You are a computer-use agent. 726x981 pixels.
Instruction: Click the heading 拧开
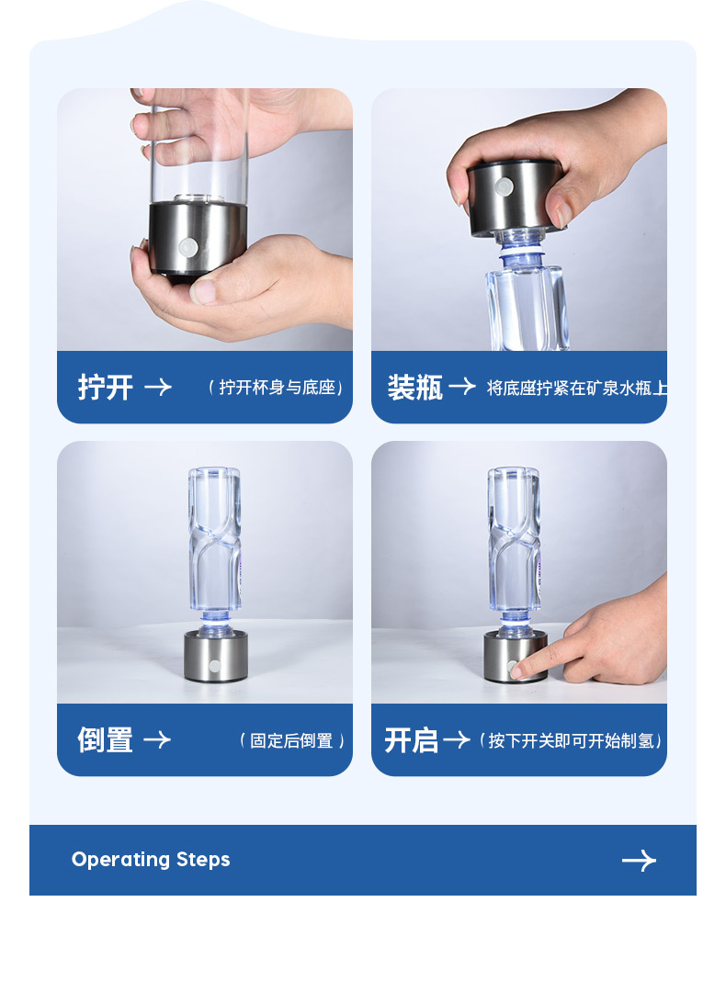pos(105,388)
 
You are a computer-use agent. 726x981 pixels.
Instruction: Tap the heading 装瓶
pos(415,388)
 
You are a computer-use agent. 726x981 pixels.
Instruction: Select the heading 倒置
pos(105,740)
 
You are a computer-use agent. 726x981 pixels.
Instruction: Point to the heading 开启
pos(411,740)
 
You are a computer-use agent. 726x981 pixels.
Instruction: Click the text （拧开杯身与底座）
pos(276,388)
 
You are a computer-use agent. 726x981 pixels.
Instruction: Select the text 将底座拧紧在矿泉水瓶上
pos(577,388)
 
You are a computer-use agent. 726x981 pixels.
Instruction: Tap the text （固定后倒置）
pos(291,740)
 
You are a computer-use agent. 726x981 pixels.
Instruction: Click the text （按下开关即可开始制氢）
pos(570,740)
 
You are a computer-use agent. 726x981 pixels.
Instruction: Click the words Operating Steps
pos(151,860)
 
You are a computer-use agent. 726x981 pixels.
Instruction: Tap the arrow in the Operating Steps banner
pos(639,861)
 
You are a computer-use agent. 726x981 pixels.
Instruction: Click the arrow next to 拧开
pos(158,388)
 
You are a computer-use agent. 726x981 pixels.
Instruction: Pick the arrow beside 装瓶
pos(462,386)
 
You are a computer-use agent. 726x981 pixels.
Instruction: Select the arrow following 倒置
pos(157,739)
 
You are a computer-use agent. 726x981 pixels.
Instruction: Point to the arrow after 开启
pos(456,740)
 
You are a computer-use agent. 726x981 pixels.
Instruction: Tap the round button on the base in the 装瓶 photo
pos(504,186)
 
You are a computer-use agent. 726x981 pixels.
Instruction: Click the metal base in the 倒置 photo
pos(215,656)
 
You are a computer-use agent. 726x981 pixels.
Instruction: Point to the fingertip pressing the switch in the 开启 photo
pos(518,672)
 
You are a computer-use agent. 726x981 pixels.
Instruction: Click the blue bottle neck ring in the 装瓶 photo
pos(521,253)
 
